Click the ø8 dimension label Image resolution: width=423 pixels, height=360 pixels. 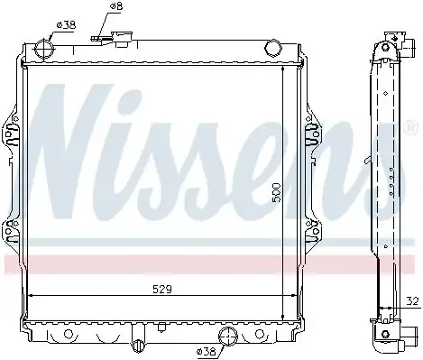coord(115,6)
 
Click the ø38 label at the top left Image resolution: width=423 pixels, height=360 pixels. coord(66,24)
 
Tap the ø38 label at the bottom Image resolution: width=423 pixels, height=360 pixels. coord(207,351)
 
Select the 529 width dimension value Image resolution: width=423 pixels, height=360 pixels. coord(162,290)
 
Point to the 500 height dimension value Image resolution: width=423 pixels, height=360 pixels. coord(277,192)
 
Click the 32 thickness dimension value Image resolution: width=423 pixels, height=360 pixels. coord(412,301)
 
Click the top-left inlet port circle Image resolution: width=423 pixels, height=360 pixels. coord(44,49)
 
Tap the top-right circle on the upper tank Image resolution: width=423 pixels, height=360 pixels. coord(273,48)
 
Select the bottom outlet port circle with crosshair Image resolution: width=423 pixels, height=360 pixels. coord(228,336)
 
